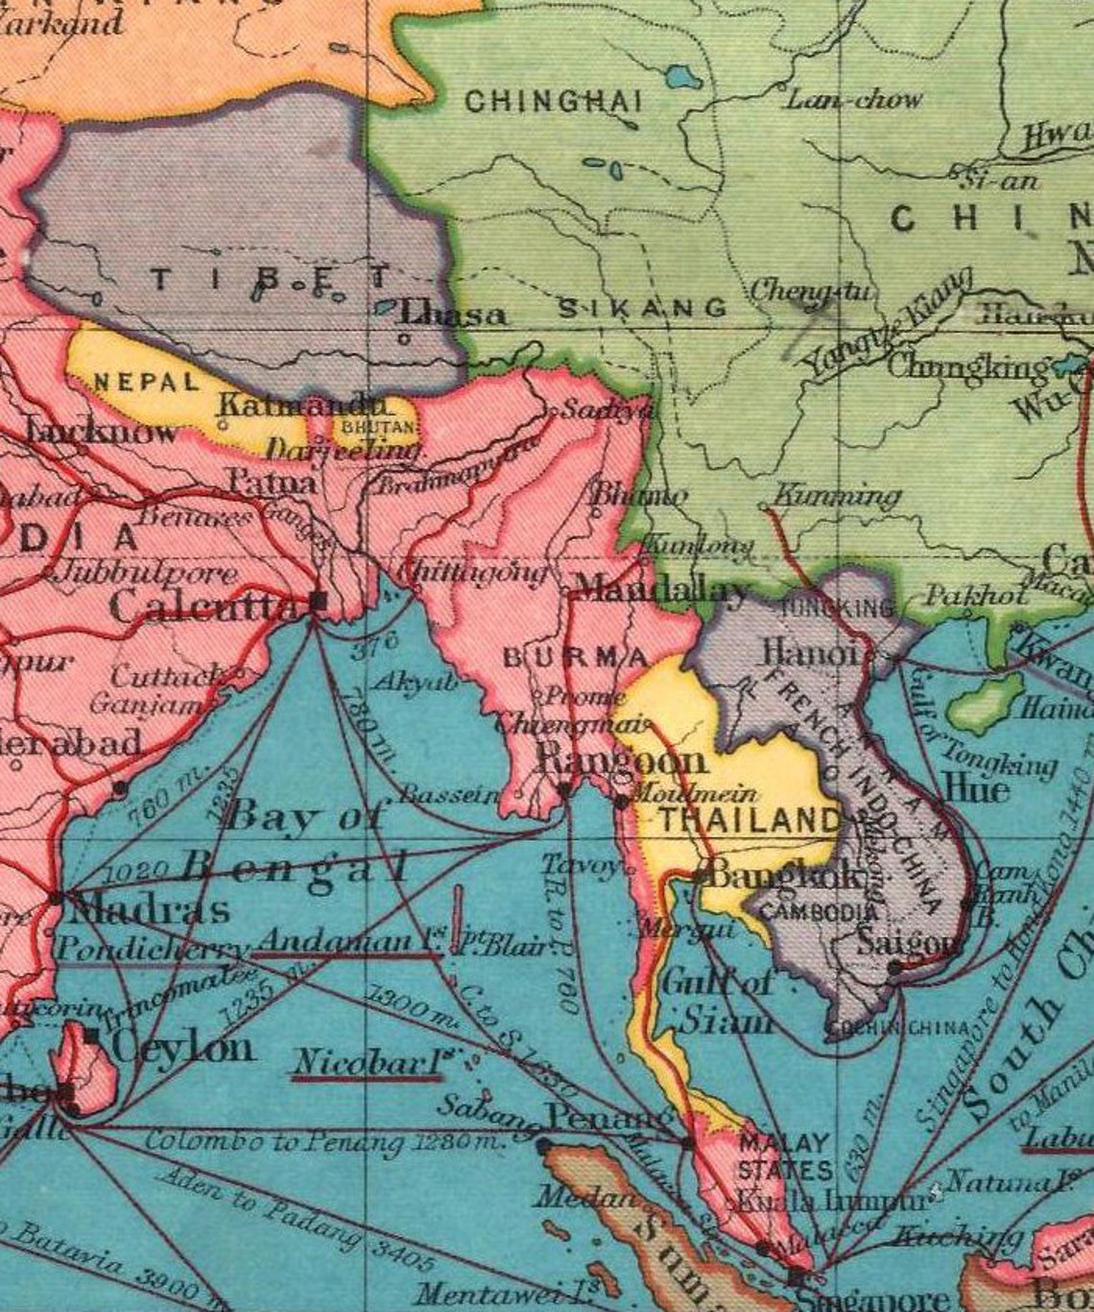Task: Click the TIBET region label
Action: click(x=273, y=279)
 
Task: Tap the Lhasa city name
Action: click(x=452, y=314)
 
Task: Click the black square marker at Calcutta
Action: click(x=319, y=599)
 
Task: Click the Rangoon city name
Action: click(x=621, y=761)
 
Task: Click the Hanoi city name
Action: click(x=812, y=653)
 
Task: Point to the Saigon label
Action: click(x=907, y=942)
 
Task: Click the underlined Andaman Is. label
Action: click(x=346, y=942)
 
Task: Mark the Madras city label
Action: click(x=149, y=908)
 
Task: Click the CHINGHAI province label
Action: click(x=554, y=101)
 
